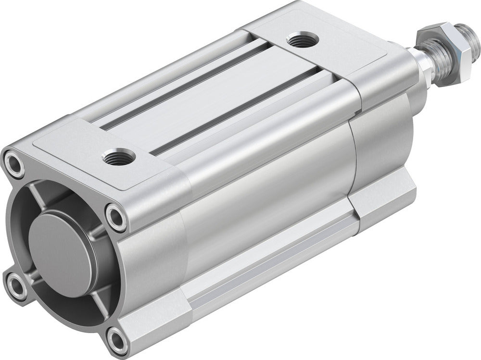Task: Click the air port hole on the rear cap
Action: (x=118, y=156)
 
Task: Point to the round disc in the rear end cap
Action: (x=62, y=253)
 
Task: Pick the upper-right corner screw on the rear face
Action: (x=116, y=217)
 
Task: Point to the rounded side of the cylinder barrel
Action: (x=269, y=192)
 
